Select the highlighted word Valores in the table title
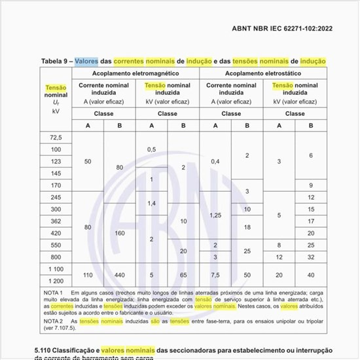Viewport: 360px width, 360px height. [x=87, y=61]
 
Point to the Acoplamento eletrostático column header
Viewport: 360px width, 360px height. [x=263, y=73]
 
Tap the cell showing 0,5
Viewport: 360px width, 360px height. [x=152, y=149]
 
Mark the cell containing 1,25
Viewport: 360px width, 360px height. [x=215, y=215]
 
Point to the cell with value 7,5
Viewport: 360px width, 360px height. [x=215, y=275]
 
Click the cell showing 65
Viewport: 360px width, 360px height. [x=183, y=275]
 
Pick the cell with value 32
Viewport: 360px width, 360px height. [x=311, y=257]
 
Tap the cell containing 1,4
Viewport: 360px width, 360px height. [x=152, y=204]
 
